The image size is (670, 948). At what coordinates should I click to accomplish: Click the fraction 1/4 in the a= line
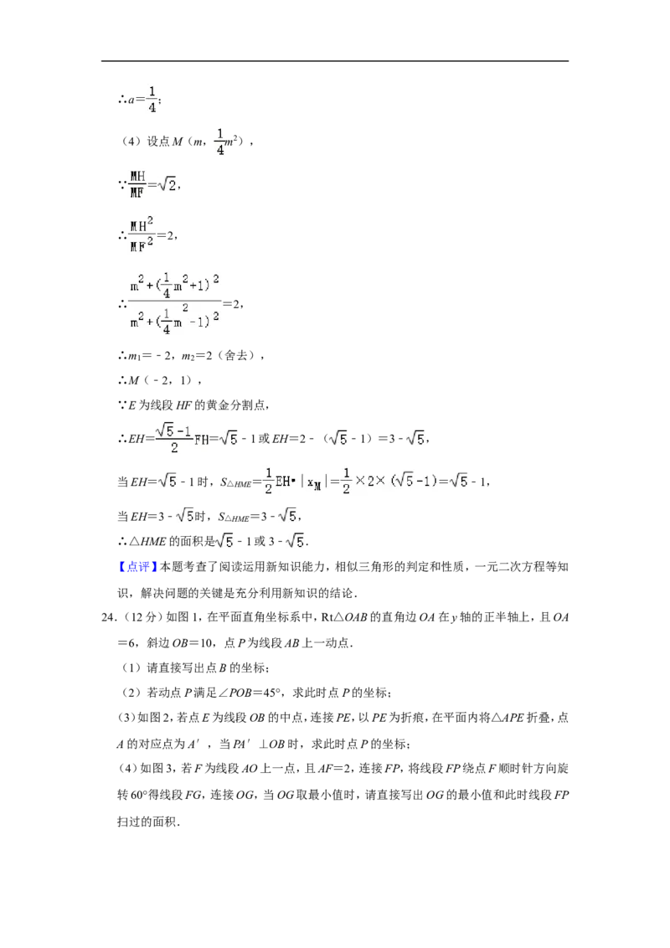(x=152, y=99)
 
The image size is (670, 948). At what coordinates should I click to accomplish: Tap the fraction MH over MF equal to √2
(x=138, y=184)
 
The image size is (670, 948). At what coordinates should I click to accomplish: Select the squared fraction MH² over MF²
(x=142, y=235)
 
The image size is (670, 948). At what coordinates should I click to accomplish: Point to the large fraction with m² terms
(x=175, y=304)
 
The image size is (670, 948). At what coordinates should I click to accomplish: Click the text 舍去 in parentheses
(x=236, y=355)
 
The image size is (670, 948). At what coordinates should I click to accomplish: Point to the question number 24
(x=108, y=617)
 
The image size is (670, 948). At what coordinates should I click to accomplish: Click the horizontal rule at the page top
(x=335, y=61)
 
